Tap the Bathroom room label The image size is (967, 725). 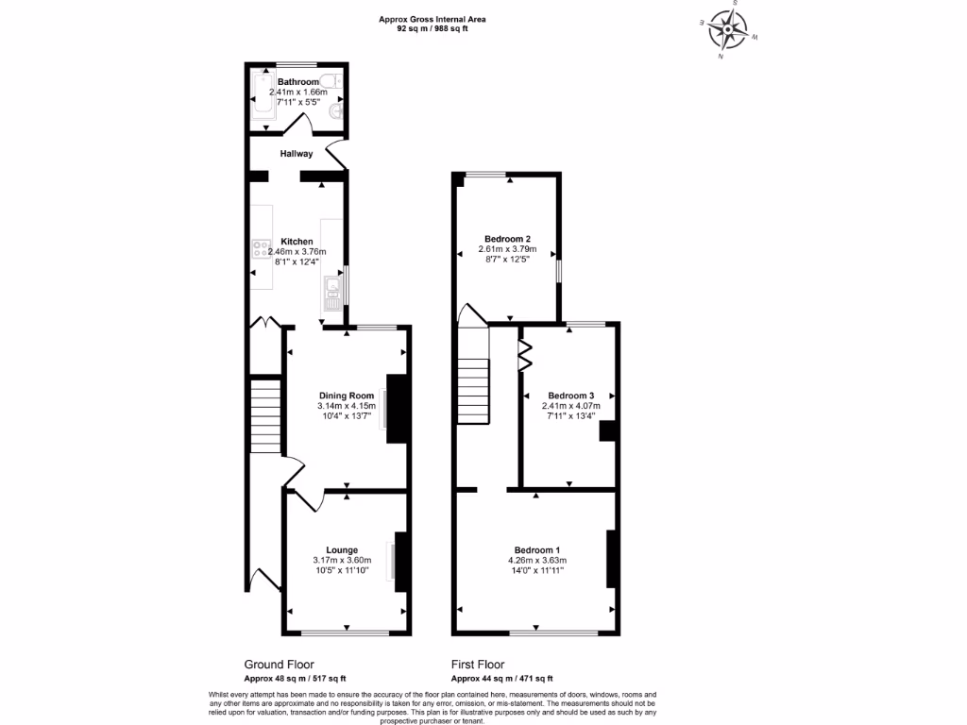tap(298, 82)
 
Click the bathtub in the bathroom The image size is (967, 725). tap(262, 101)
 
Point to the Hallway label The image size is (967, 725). tap(297, 153)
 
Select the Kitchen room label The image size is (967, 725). tap(297, 242)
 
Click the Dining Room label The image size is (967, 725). tap(347, 396)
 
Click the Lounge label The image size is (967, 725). tap(342, 549)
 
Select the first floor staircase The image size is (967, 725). tap(475, 391)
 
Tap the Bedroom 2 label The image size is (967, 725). tap(508, 239)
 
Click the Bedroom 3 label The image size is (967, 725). tap(570, 396)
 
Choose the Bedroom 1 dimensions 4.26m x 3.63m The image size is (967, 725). tap(537, 560)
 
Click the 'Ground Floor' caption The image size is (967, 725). tap(280, 665)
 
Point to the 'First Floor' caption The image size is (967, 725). tap(478, 665)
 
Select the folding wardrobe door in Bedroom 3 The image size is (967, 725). tap(525, 351)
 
